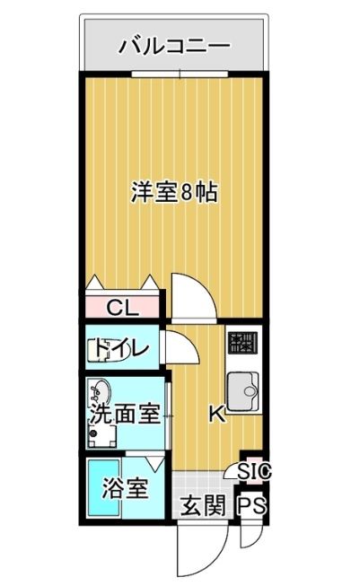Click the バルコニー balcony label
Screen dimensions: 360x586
point(174,47)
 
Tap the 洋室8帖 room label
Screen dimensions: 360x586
point(174,192)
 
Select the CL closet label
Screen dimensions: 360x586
point(123,308)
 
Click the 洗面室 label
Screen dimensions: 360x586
point(125,414)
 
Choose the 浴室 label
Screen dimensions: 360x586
point(125,487)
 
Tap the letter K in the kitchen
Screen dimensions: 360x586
point(217,414)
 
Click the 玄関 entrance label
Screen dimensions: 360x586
point(203,505)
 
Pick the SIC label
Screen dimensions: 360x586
point(254,472)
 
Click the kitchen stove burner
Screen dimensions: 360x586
point(242,343)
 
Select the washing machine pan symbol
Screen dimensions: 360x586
point(101,433)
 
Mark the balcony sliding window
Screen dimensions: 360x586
point(180,74)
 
